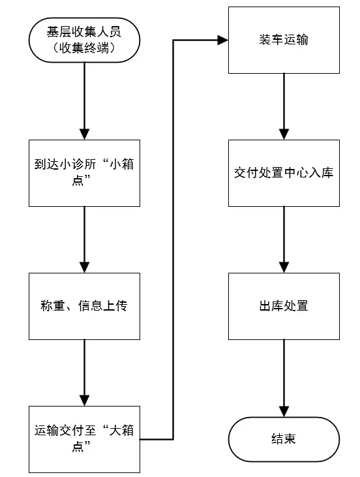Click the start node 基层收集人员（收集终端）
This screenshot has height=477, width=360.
pos(85,40)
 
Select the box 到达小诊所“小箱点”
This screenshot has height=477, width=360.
pos(85,173)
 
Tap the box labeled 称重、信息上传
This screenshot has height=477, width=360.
pos(85,306)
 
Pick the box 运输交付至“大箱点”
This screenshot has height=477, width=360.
pos(85,439)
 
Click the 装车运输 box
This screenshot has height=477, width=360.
pos(284,40)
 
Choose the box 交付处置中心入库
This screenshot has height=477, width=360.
pos(284,173)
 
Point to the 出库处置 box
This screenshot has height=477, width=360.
pos(284,306)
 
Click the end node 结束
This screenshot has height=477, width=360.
pos(284,439)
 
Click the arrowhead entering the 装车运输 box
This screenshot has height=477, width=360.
pos(223,40)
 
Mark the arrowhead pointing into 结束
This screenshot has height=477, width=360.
pos(284,412)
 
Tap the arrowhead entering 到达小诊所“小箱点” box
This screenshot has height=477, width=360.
pos(85,134)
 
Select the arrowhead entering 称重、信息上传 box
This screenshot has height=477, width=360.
pos(85,268)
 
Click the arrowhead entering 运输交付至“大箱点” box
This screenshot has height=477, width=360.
pos(85,401)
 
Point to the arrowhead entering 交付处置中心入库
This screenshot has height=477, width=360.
pos(284,134)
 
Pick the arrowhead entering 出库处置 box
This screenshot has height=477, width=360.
pos(284,268)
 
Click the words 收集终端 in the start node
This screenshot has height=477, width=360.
pos(84,48)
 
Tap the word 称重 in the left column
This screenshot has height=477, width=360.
pos(53,306)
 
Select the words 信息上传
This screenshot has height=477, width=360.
pos(103,306)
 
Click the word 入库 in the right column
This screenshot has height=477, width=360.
pos(321,173)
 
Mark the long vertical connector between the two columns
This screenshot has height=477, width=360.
pos(173,239)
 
